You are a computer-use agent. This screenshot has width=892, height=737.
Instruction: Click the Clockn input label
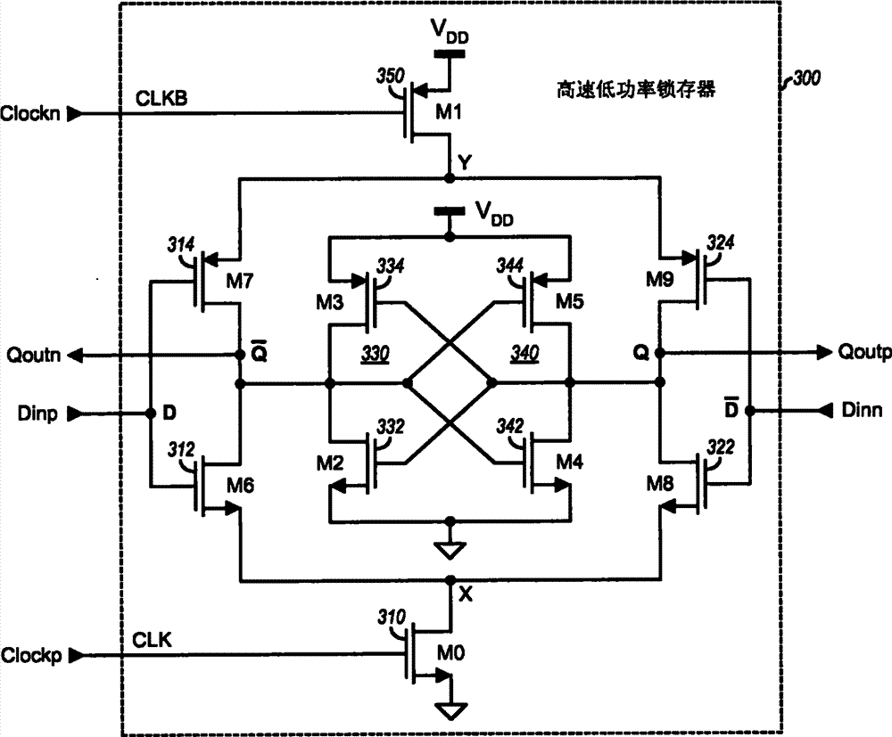(30, 114)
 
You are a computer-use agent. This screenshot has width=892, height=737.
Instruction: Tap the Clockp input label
(30, 655)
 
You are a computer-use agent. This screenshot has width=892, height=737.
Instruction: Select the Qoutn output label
(29, 354)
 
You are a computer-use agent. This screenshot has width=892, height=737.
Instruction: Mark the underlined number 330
(348, 354)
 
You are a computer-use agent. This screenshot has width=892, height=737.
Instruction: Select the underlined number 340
(543, 354)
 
